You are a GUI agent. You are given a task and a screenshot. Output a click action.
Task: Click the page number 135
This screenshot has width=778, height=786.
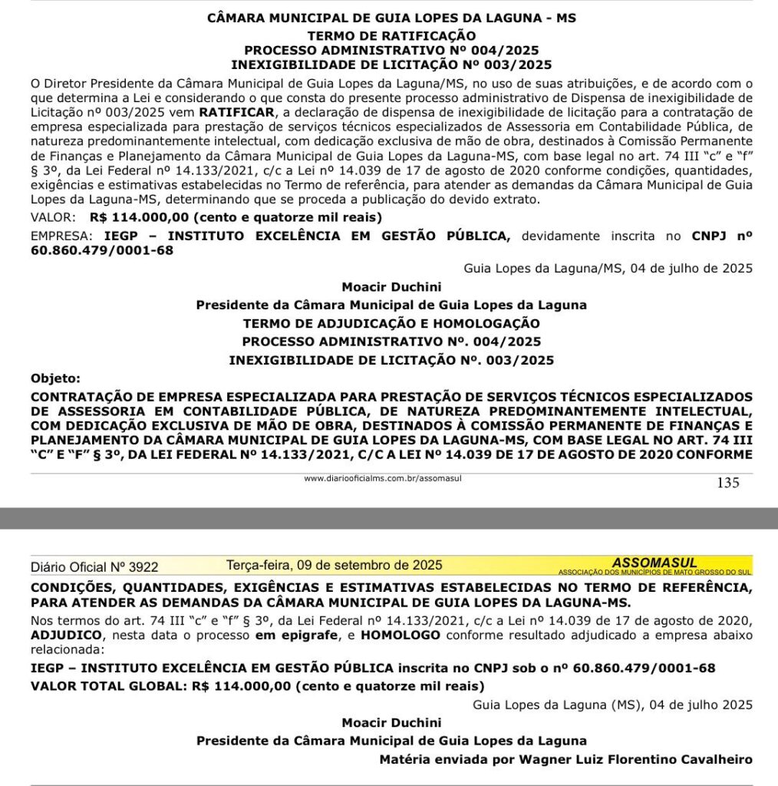click(727, 483)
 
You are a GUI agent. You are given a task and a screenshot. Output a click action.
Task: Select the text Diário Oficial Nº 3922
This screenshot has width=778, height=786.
click(94, 567)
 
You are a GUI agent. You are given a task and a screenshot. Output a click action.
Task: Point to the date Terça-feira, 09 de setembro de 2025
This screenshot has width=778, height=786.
click(334, 565)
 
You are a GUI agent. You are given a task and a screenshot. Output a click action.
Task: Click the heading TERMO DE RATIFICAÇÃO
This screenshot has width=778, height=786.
click(391, 35)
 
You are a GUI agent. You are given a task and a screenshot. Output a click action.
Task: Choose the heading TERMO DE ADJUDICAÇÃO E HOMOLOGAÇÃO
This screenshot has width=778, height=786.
click(391, 323)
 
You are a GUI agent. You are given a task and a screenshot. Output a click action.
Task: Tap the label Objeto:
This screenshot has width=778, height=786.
click(54, 378)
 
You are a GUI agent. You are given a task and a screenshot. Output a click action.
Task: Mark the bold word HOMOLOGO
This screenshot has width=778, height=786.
click(401, 636)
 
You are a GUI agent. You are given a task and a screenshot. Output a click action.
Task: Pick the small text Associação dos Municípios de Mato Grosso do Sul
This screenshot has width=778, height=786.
click(654, 572)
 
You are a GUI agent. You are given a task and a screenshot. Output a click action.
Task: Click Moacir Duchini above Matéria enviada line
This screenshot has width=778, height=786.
click(391, 722)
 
